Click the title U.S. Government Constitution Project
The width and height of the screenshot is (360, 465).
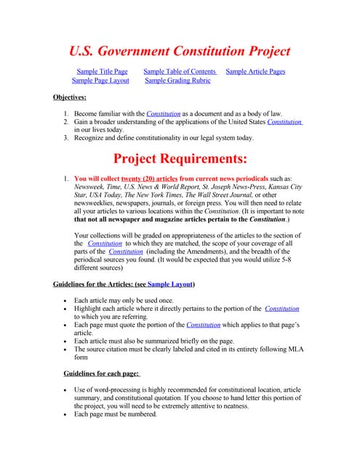point(180,51)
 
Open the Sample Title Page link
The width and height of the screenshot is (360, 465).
point(102,71)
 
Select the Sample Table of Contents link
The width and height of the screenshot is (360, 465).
point(180,71)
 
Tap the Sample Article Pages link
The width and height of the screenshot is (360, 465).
point(255,71)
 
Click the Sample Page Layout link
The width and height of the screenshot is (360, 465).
point(100,81)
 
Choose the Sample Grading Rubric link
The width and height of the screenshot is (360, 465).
point(177,81)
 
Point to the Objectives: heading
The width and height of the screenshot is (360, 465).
point(70,97)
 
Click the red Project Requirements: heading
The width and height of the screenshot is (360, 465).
point(180,158)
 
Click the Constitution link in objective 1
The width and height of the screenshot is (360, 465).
point(163,114)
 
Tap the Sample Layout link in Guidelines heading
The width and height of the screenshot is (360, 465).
point(169,283)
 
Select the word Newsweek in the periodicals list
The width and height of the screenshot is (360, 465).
point(90,187)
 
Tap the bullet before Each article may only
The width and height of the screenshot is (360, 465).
point(66,300)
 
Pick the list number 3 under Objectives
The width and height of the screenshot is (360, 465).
point(65,137)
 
